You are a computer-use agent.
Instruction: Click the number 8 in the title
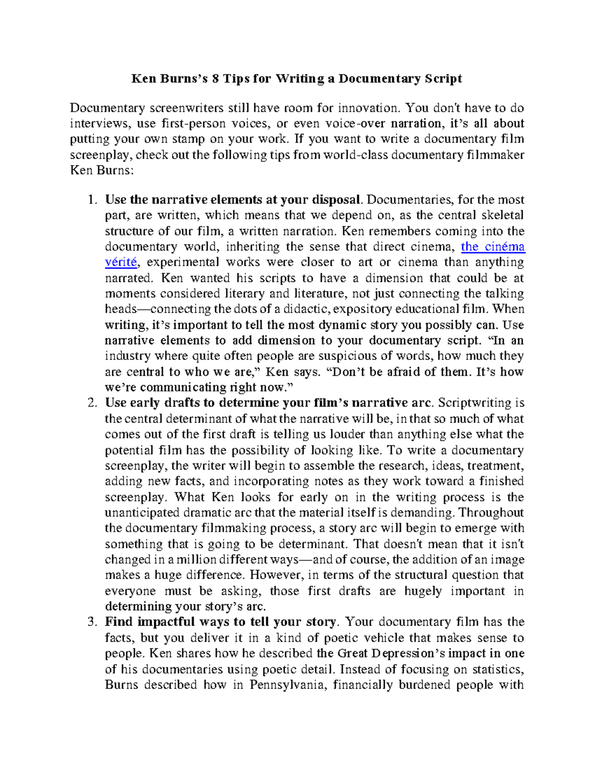click(214, 79)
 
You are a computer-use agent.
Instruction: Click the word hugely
click(423, 591)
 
